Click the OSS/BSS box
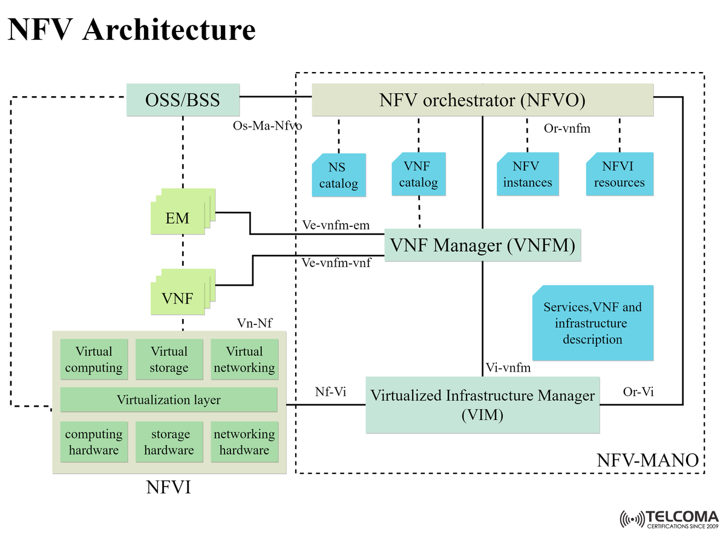tap(182, 99)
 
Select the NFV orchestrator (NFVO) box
tap(482, 99)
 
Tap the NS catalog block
tap(339, 176)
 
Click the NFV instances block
tap(528, 174)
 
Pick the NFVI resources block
tap(619, 174)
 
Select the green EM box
tap(178, 218)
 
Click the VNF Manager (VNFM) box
tap(482, 245)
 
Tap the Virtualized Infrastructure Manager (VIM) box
tap(482, 405)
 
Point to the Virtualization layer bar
tap(169, 400)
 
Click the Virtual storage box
tap(169, 359)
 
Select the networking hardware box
tap(244, 442)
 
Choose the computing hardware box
tap(94, 442)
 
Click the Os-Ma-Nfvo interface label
tap(267, 126)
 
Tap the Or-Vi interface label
tap(638, 392)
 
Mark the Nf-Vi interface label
tap(330, 392)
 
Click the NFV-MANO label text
tap(647, 461)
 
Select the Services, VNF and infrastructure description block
tap(592, 323)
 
